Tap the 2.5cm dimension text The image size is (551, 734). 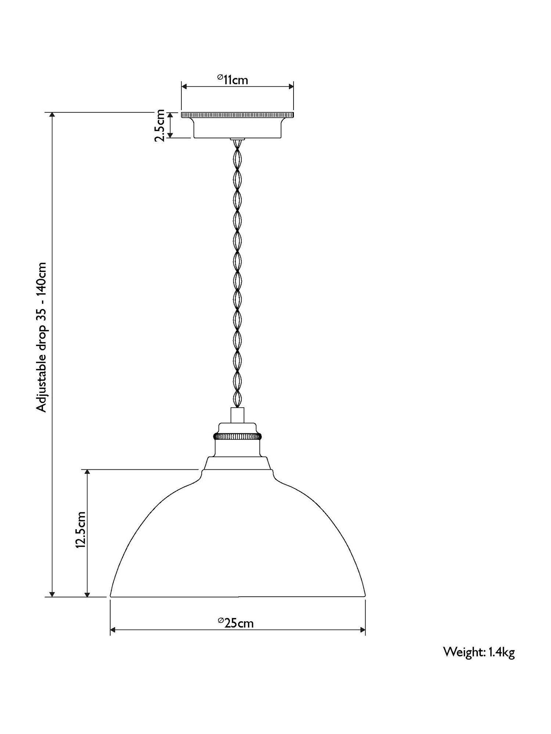point(160,125)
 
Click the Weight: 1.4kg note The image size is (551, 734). point(479,652)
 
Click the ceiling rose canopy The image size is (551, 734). point(237,125)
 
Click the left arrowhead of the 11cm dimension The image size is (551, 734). point(185,87)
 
